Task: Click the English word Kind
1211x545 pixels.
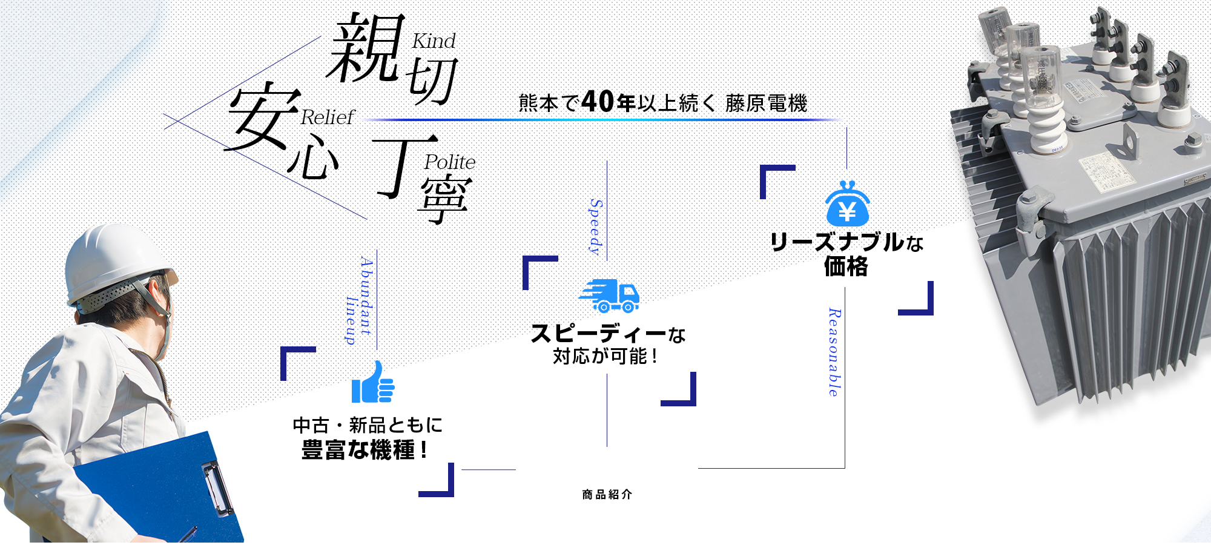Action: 434,41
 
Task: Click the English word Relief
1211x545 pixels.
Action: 327,117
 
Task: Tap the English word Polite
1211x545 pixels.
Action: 449,162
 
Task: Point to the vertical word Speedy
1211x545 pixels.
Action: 596,227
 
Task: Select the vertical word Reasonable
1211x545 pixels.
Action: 834,352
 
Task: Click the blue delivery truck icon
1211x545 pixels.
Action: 610,296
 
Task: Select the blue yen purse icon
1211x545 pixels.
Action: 848,204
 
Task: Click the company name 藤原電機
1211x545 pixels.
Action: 766,104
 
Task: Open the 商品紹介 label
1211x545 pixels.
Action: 607,495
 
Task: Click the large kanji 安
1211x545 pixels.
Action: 263,117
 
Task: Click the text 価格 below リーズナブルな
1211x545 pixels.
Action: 846,266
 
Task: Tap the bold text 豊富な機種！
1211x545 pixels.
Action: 365,450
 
